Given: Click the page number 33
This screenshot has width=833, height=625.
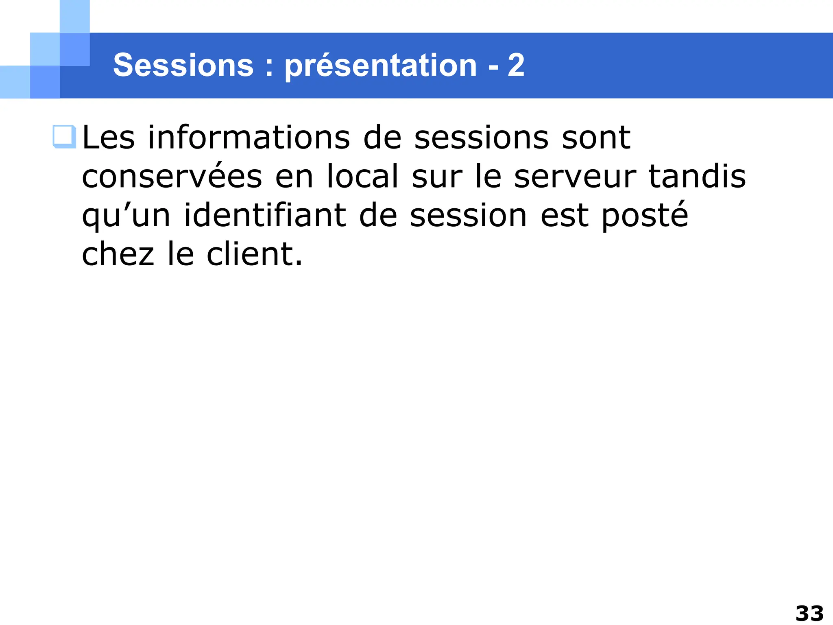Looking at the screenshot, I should coord(809,613).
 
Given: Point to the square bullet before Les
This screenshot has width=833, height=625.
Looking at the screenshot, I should coord(64,137).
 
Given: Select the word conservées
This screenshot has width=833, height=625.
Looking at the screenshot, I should coord(172,177).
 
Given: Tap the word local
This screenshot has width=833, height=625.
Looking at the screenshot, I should coord(362,177).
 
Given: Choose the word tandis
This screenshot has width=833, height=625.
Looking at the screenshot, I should coord(697,177).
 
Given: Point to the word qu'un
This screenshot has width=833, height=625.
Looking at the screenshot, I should coord(126,216).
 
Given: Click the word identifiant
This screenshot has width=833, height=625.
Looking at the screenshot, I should coord(265,216).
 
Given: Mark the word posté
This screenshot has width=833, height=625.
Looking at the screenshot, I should coord(645,216).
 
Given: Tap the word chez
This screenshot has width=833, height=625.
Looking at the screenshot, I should coord(118,255).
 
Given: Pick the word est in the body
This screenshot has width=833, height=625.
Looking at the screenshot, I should coord(564,216).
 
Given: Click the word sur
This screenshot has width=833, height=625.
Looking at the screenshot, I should coord(437,177).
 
